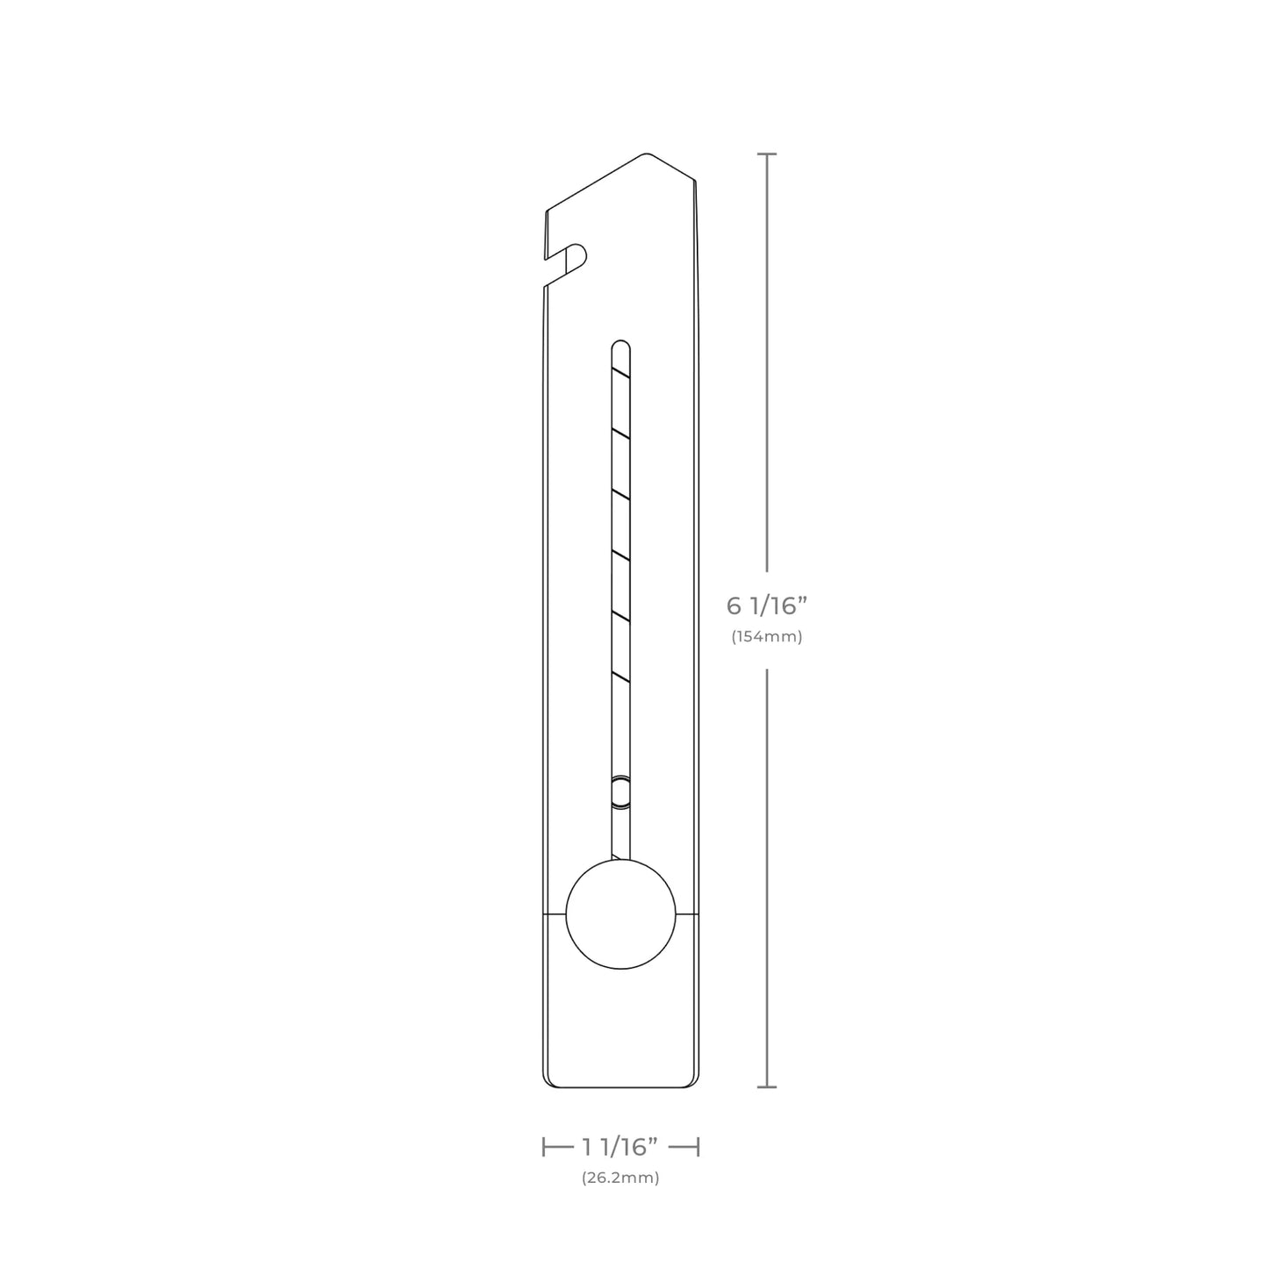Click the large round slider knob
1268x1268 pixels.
620,913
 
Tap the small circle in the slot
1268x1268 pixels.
620,791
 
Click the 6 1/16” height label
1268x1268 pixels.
767,605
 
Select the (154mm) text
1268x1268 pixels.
767,637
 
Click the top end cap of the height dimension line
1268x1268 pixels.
767,154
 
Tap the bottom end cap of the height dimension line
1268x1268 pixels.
767,1086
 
